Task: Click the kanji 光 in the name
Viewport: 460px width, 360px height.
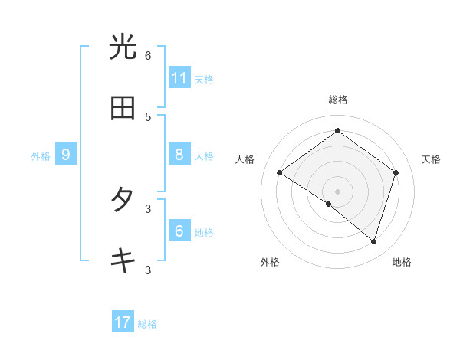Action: click(x=123, y=47)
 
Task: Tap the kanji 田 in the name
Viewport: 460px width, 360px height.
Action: click(x=123, y=109)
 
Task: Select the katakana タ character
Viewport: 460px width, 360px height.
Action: click(x=123, y=200)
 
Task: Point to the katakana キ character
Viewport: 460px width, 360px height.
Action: click(x=123, y=261)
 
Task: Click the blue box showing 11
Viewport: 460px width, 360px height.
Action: click(x=179, y=78)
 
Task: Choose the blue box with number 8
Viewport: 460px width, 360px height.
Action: click(x=179, y=155)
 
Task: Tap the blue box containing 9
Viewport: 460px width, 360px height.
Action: click(x=66, y=155)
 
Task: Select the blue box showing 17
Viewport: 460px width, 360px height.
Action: click(x=123, y=322)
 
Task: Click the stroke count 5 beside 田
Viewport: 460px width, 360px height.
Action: click(x=148, y=116)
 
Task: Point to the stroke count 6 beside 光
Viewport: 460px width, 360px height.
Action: click(x=148, y=55)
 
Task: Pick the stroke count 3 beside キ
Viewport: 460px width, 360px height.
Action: click(x=148, y=270)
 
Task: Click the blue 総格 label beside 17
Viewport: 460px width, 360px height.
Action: click(x=147, y=324)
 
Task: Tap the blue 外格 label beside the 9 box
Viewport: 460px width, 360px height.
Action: click(x=41, y=156)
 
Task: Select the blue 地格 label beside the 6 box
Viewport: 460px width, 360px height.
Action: click(x=204, y=233)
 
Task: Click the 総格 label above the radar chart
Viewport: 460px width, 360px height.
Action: click(x=338, y=100)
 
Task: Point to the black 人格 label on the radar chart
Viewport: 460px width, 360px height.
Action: click(x=245, y=159)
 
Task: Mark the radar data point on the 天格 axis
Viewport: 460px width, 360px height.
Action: click(x=396, y=172)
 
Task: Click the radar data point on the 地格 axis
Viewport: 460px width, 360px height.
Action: click(x=373, y=241)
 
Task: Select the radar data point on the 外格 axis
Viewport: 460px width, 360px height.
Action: click(x=329, y=204)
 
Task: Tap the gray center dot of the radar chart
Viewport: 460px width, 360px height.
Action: click(x=338, y=191)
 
